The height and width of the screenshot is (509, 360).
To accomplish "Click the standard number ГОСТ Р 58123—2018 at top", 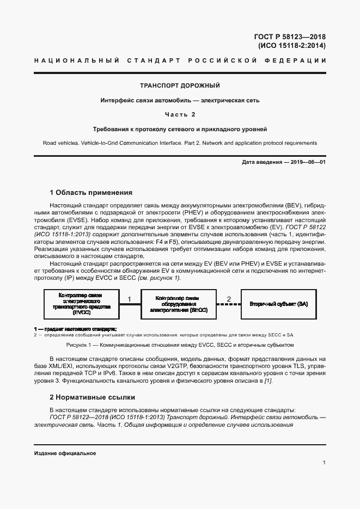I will (x=290, y=36).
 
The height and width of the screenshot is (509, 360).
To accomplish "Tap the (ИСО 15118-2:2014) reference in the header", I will (x=292, y=46).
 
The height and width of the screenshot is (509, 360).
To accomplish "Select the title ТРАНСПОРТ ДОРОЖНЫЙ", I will (x=180, y=86).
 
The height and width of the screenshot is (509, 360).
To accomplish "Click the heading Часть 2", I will (x=180, y=114).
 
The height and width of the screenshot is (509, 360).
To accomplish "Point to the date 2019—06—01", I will (x=307, y=162).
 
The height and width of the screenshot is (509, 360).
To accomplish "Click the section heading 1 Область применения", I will (x=91, y=193).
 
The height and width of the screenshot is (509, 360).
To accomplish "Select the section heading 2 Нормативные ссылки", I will (x=92, y=397).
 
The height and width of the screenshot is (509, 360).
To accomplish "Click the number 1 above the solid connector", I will (x=129, y=299).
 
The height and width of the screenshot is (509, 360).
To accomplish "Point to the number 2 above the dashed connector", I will (x=229, y=299).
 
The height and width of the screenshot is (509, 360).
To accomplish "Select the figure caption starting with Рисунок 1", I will (x=180, y=345).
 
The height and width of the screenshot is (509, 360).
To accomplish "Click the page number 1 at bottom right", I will (x=324, y=463).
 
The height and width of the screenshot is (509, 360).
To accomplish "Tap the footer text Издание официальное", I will (x=65, y=453).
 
